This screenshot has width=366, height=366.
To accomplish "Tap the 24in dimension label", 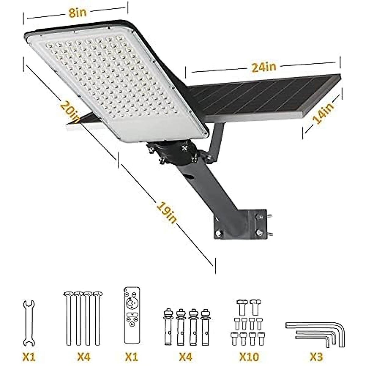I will [x=264, y=67].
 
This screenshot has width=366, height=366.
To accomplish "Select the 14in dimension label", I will [x=323, y=113].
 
